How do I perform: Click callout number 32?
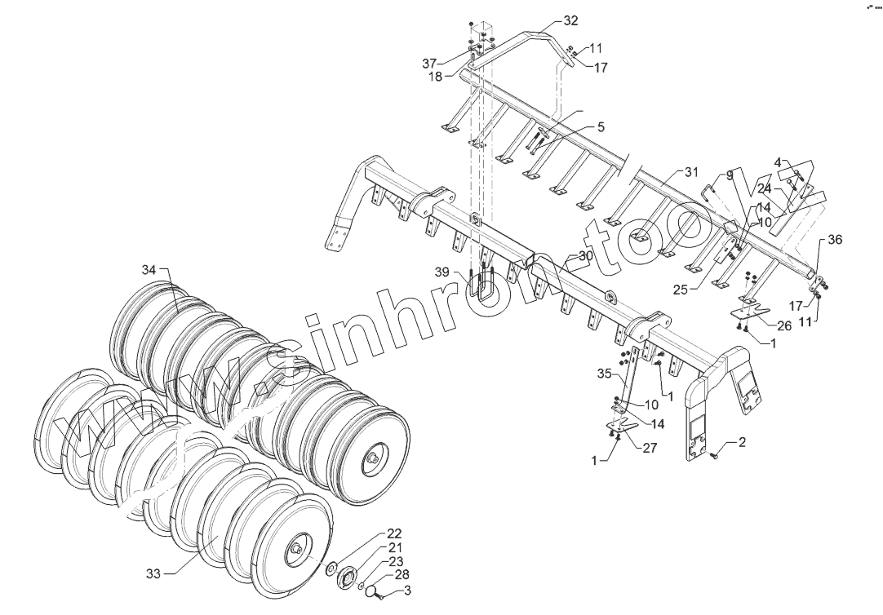[570, 20]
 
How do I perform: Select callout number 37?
[429, 63]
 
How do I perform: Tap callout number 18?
[435, 76]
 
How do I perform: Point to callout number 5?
[601, 127]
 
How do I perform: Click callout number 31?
[691, 172]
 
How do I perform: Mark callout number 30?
[585, 256]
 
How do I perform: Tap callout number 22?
[394, 533]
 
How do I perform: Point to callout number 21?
[395, 547]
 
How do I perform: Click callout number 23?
[395, 561]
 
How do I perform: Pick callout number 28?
[402, 576]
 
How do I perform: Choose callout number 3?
[407, 590]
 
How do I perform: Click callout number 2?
[742, 443]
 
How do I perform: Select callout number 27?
[650, 447]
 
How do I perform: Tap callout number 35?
[604, 374]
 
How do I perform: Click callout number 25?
[681, 289]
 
